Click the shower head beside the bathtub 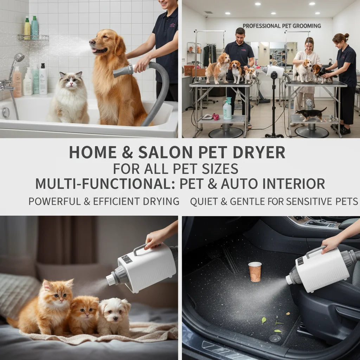coord(19,57)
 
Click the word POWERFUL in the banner coord(54,201)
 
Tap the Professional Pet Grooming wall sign coord(282,26)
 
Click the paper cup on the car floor coord(255,272)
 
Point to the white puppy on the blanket coord(114,316)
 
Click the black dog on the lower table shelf coord(310,114)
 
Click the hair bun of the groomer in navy coord(346,36)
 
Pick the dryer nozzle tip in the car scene coord(289,279)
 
